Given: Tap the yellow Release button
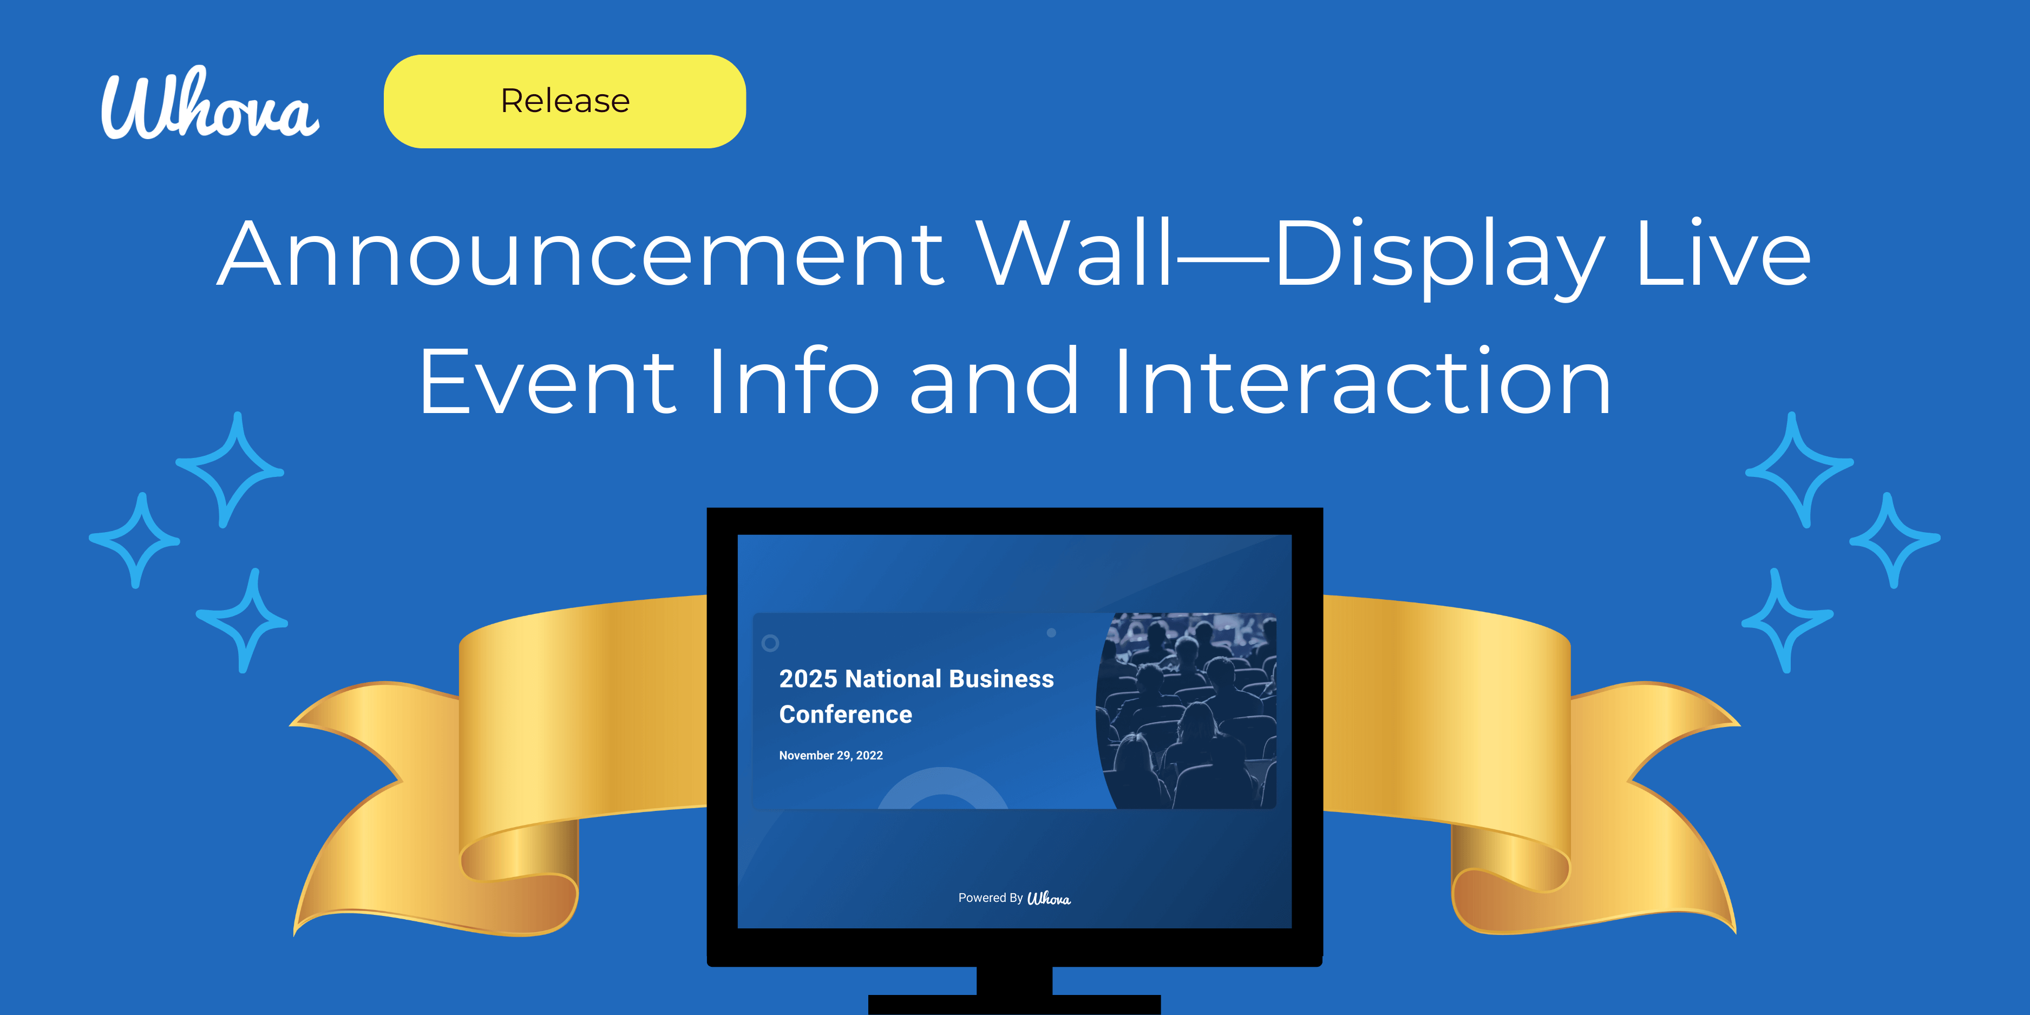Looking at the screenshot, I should [564, 101].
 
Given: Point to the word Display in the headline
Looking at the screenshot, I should [1439, 254].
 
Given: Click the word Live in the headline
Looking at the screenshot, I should [1723, 254].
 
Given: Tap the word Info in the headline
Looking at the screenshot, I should [793, 382].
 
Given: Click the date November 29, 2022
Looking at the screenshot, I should [830, 755].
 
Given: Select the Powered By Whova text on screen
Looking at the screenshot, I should [1014, 899].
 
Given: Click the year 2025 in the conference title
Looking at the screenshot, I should [808, 678].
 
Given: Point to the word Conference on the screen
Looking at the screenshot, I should [846, 714].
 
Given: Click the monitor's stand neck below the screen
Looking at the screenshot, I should [1014, 980].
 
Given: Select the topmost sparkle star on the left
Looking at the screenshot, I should [230, 470].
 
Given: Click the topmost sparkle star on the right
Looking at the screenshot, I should [1799, 470].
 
